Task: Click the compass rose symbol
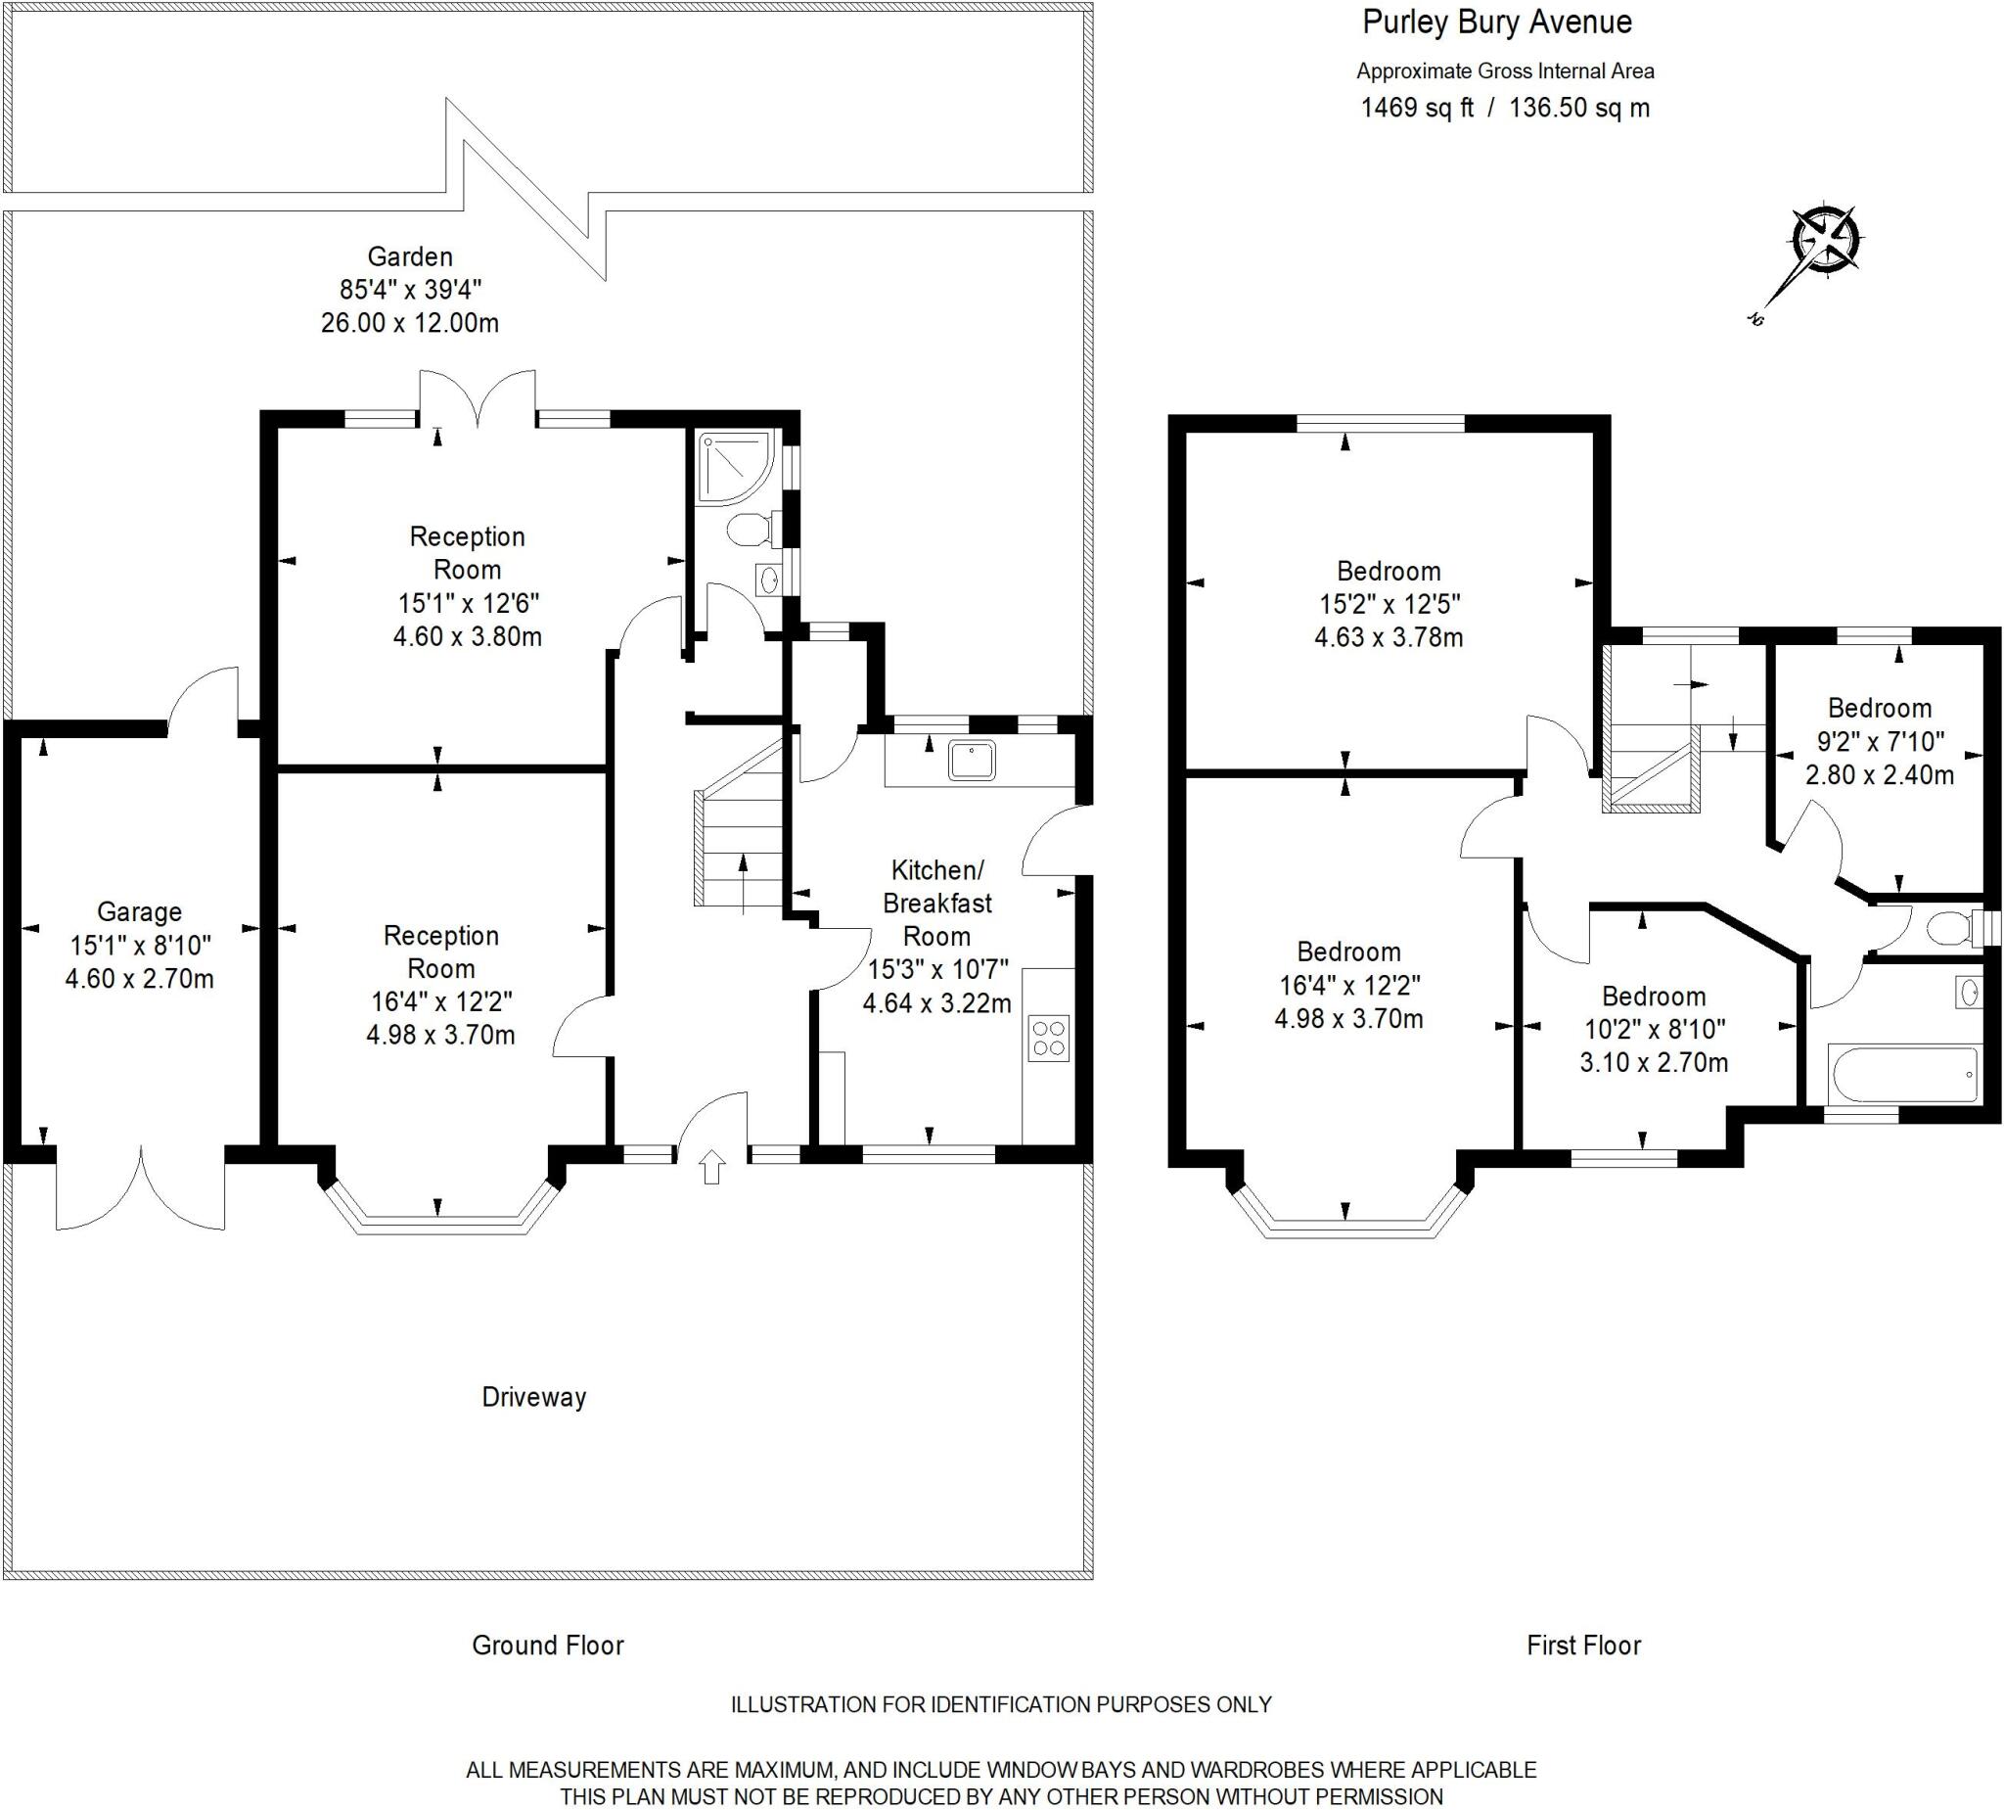click(1826, 241)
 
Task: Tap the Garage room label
click(139, 912)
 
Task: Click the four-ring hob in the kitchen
click(1049, 1038)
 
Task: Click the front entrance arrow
click(711, 1167)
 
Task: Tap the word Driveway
click(534, 1397)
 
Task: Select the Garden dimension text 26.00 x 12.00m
click(410, 323)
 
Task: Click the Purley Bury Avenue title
click(1497, 23)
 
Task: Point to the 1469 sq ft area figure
click(1417, 108)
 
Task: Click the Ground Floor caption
click(548, 1645)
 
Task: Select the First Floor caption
click(1583, 1645)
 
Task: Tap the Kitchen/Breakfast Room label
click(937, 903)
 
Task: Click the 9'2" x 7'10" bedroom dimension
click(1880, 742)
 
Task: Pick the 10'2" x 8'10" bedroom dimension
click(1654, 1029)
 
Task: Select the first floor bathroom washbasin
click(1968, 992)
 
